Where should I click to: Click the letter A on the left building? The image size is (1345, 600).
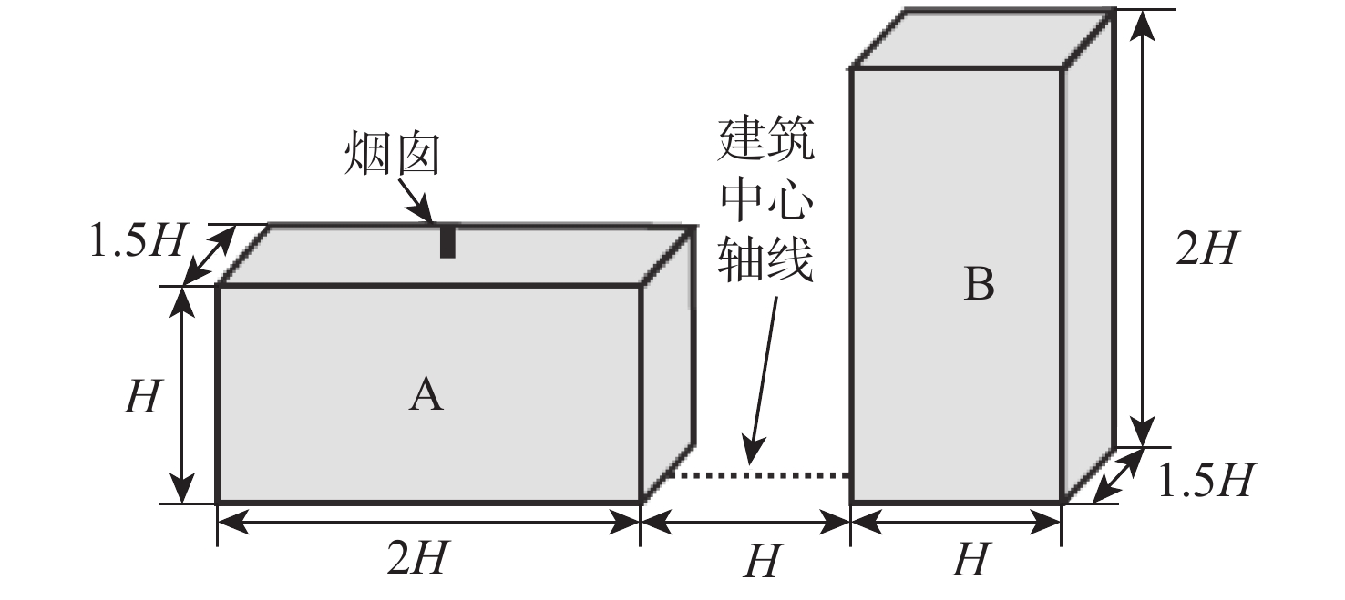[x=426, y=394]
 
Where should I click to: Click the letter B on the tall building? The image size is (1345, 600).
[x=979, y=283]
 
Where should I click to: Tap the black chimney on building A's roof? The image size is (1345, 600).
[x=447, y=241]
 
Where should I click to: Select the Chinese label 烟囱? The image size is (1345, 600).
[x=393, y=154]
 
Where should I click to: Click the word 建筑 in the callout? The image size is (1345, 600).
[x=766, y=139]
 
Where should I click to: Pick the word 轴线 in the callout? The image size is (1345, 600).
[x=766, y=259]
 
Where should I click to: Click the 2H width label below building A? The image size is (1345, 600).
[x=416, y=558]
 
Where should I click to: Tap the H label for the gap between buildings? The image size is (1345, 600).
[x=763, y=561]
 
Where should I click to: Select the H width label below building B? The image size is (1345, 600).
[x=970, y=560]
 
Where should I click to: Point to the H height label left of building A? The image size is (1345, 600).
[x=142, y=396]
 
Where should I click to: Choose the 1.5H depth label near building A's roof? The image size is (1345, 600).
[x=137, y=240]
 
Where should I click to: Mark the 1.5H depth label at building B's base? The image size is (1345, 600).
[x=1203, y=481]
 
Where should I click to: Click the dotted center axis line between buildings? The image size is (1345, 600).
[x=759, y=475]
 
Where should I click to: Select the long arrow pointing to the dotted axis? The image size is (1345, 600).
[x=762, y=381]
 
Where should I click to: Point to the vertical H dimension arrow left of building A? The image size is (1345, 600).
[x=182, y=395]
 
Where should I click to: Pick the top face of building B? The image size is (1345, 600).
[x=983, y=38]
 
